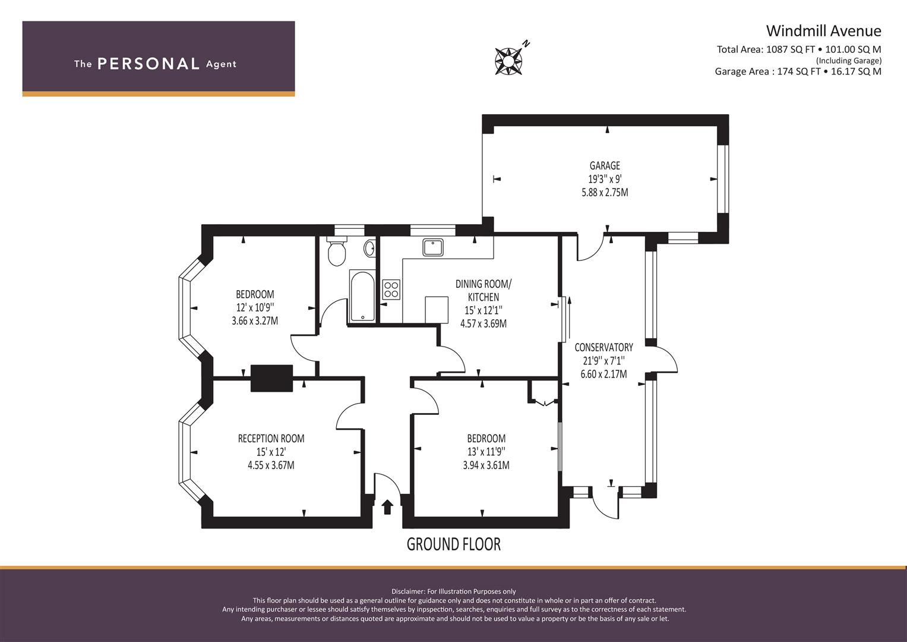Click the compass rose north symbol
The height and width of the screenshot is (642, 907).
coord(510,60)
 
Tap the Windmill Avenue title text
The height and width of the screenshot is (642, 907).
coord(823,30)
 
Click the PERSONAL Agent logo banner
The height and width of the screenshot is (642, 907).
coord(159,58)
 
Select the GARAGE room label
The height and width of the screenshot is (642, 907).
coord(605,166)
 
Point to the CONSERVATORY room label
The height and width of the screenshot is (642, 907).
coord(603,347)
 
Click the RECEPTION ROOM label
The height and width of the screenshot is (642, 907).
coord(271,439)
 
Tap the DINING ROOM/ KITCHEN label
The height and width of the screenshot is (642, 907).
coord(483,291)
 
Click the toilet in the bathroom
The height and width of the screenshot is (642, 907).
coord(337,252)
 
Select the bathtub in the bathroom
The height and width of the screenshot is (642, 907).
coord(362,295)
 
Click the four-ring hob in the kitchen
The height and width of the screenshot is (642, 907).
coord(391,289)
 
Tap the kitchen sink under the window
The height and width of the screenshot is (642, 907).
coord(433,247)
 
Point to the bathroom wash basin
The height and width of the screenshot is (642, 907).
coord(369,248)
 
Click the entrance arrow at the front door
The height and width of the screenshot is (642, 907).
coord(387,506)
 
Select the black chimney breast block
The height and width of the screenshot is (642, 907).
coord(271,378)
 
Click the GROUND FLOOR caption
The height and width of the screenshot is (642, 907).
coord(453,544)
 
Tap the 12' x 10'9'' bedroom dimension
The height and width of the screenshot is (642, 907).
coord(255,307)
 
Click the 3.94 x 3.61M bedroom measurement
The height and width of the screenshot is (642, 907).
coord(486,465)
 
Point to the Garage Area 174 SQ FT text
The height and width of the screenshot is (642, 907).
coord(798,71)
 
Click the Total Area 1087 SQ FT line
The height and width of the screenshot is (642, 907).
coord(799,50)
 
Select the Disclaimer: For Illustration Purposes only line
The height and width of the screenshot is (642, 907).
coord(454,591)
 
